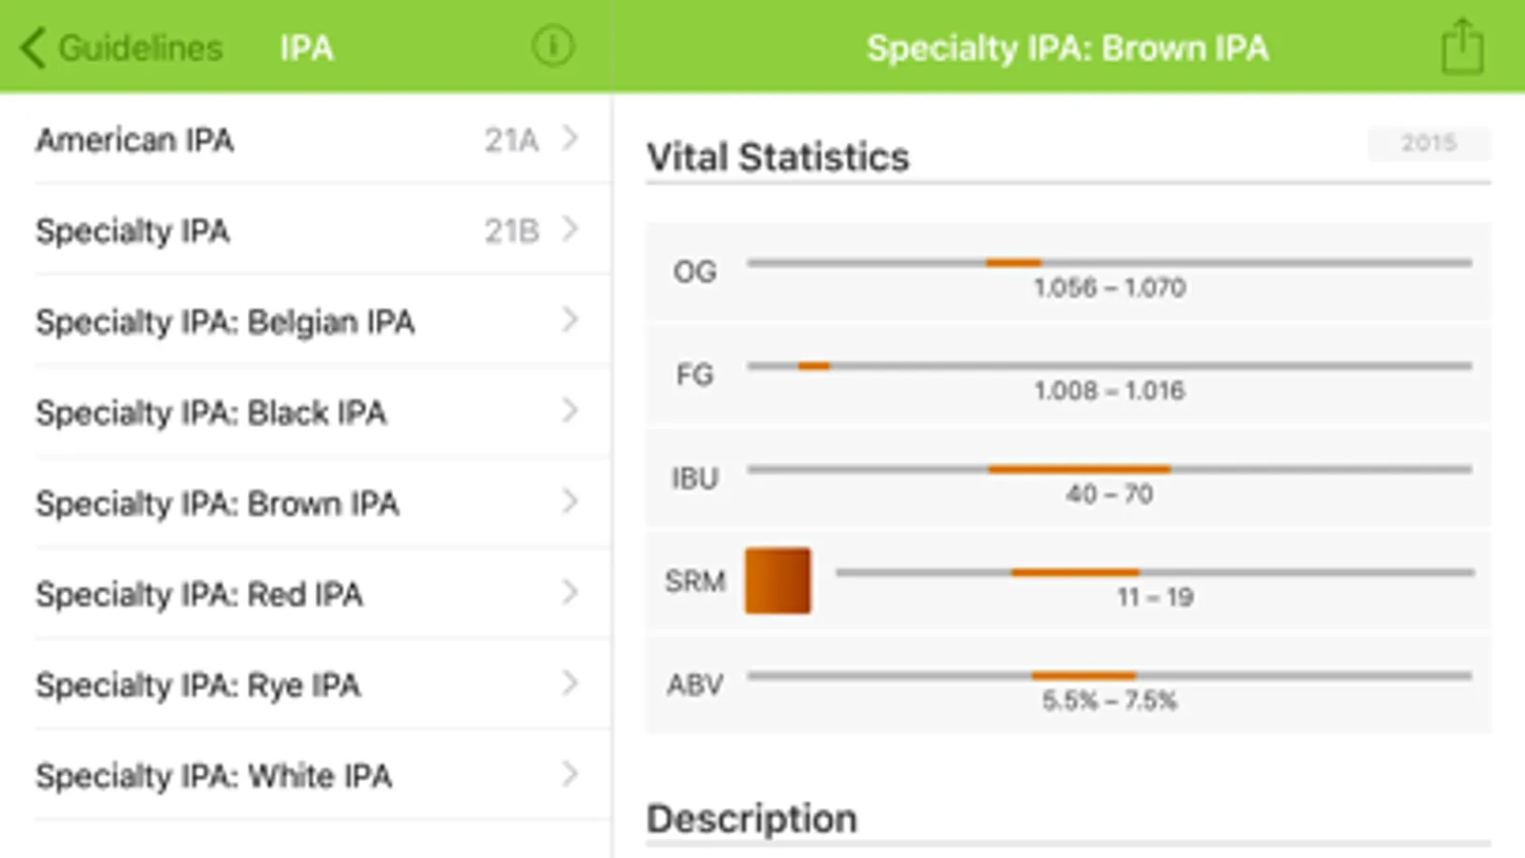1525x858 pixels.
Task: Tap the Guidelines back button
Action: coord(122,48)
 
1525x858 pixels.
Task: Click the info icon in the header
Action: coord(553,46)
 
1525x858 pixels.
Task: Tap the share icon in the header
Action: coord(1462,47)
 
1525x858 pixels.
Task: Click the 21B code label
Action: coord(511,231)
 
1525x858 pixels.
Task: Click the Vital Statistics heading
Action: coord(778,157)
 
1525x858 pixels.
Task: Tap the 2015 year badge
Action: coord(1428,143)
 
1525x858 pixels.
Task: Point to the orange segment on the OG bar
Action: coord(1013,262)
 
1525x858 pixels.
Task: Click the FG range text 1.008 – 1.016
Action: coord(1109,391)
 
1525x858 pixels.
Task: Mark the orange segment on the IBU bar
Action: coord(1079,469)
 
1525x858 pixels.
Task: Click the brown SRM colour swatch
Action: coord(777,581)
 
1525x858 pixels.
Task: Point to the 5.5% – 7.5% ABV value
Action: coord(1109,702)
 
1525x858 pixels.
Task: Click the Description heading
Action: coord(752,819)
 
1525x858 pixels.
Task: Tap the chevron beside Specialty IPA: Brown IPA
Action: coord(569,501)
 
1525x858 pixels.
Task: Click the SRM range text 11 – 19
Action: coord(1155,598)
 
